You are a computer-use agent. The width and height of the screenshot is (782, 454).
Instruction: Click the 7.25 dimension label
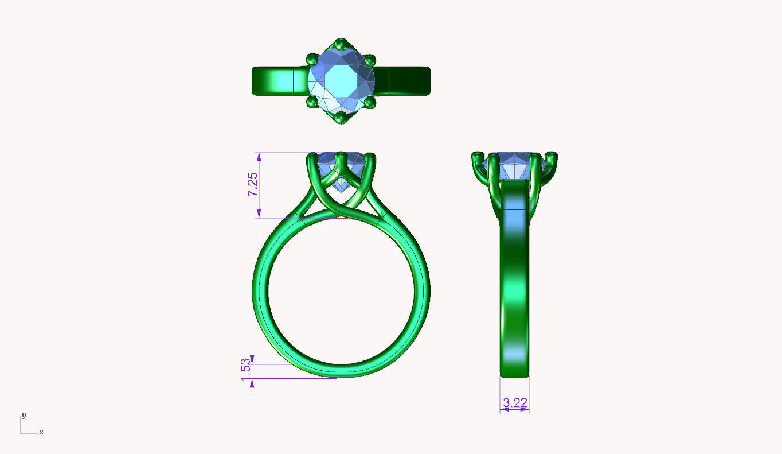pos(253,184)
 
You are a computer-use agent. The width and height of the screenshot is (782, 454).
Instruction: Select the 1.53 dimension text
pos(246,370)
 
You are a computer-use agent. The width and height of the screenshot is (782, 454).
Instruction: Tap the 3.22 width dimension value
pos(515,403)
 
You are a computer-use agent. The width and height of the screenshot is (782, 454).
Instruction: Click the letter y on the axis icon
pos(24,416)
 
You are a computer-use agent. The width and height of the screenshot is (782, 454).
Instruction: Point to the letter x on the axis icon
pos(41,432)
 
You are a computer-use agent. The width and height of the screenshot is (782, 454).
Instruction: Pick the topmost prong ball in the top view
pos(341,44)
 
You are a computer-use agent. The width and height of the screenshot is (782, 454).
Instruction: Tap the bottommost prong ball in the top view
pos(341,118)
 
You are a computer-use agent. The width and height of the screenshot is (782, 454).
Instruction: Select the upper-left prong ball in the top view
pos(312,60)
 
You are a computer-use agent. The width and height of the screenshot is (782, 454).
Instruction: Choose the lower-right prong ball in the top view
pos(370,102)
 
